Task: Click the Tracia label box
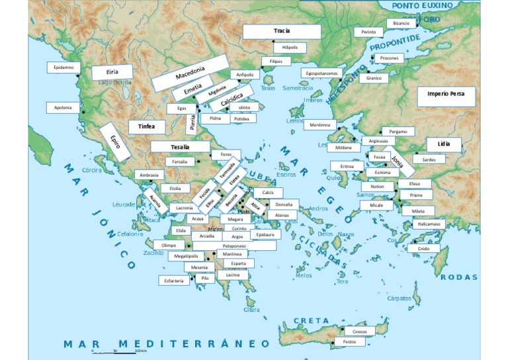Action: pyautogui.click(x=282, y=31)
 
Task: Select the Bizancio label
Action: pyautogui.click(x=401, y=23)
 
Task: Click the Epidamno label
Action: pyautogui.click(x=63, y=67)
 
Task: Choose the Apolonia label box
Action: pyautogui.click(x=63, y=107)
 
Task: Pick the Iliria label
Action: pyautogui.click(x=112, y=73)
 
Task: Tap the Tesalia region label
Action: pyautogui.click(x=180, y=147)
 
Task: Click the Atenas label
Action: pyautogui.click(x=282, y=215)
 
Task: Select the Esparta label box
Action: pyautogui.click(x=238, y=263)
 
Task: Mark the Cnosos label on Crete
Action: pyautogui.click(x=359, y=331)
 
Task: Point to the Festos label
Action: pyautogui.click(x=349, y=342)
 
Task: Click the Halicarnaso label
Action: pyautogui.click(x=429, y=224)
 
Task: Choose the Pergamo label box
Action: pyautogui.click(x=398, y=131)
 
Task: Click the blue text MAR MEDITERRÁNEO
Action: pyautogui.click(x=167, y=343)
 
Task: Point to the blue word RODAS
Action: pyautogui.click(x=458, y=277)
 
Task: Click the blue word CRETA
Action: pyautogui.click(x=312, y=320)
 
